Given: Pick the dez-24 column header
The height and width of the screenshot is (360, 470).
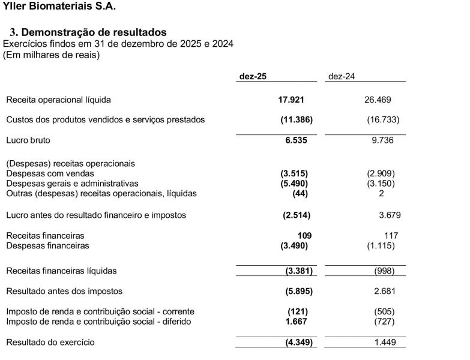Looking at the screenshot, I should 342,76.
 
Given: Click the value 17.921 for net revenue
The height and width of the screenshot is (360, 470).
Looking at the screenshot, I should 294,100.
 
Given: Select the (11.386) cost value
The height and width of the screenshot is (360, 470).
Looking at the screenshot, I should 296,119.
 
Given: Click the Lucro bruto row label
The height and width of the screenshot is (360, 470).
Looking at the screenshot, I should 28,140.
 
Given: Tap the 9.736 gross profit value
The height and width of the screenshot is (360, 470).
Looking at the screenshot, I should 382,140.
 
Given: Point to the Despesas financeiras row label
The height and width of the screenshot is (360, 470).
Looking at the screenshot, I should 47,245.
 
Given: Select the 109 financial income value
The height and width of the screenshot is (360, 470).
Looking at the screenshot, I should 305,235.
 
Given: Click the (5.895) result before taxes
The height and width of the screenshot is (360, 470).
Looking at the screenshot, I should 298,291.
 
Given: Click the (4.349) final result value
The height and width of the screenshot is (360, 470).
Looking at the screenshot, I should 298,342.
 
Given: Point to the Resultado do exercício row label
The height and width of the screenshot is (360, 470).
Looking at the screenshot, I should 50,342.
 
